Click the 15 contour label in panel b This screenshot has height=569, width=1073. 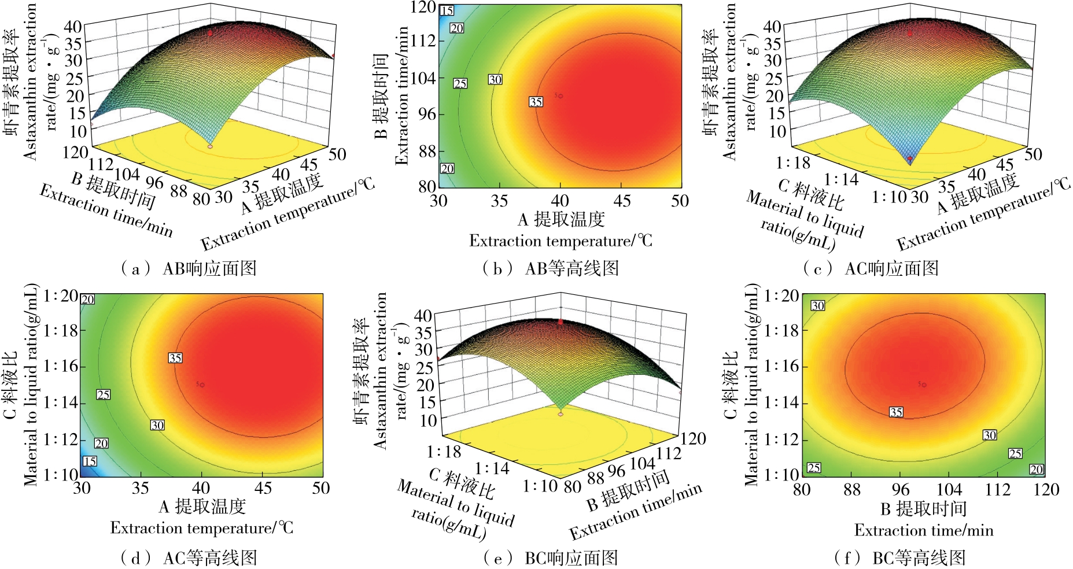[447, 10]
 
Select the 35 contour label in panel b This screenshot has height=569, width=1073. [536, 102]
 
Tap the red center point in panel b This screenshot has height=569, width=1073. [560, 96]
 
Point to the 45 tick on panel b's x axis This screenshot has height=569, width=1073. [622, 201]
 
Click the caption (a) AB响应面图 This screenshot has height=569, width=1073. [189, 268]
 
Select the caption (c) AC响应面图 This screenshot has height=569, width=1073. [871, 268]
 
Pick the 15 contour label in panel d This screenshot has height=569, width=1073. [90, 461]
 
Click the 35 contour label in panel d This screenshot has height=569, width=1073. [175, 358]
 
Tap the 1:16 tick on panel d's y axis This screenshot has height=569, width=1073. [60, 367]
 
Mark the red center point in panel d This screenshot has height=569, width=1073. [202, 385]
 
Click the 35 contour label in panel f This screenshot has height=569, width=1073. [896, 412]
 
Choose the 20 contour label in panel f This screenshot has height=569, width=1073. [1036, 470]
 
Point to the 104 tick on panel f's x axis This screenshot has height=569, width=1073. [949, 490]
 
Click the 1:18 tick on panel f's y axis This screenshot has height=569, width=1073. [781, 330]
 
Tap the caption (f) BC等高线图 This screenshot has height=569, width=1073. [900, 558]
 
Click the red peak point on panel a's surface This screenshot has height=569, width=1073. [211, 34]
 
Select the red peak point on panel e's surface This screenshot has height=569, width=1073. [561, 322]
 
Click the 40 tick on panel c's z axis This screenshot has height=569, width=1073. [772, 26]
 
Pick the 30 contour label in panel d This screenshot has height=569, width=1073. [157, 425]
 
